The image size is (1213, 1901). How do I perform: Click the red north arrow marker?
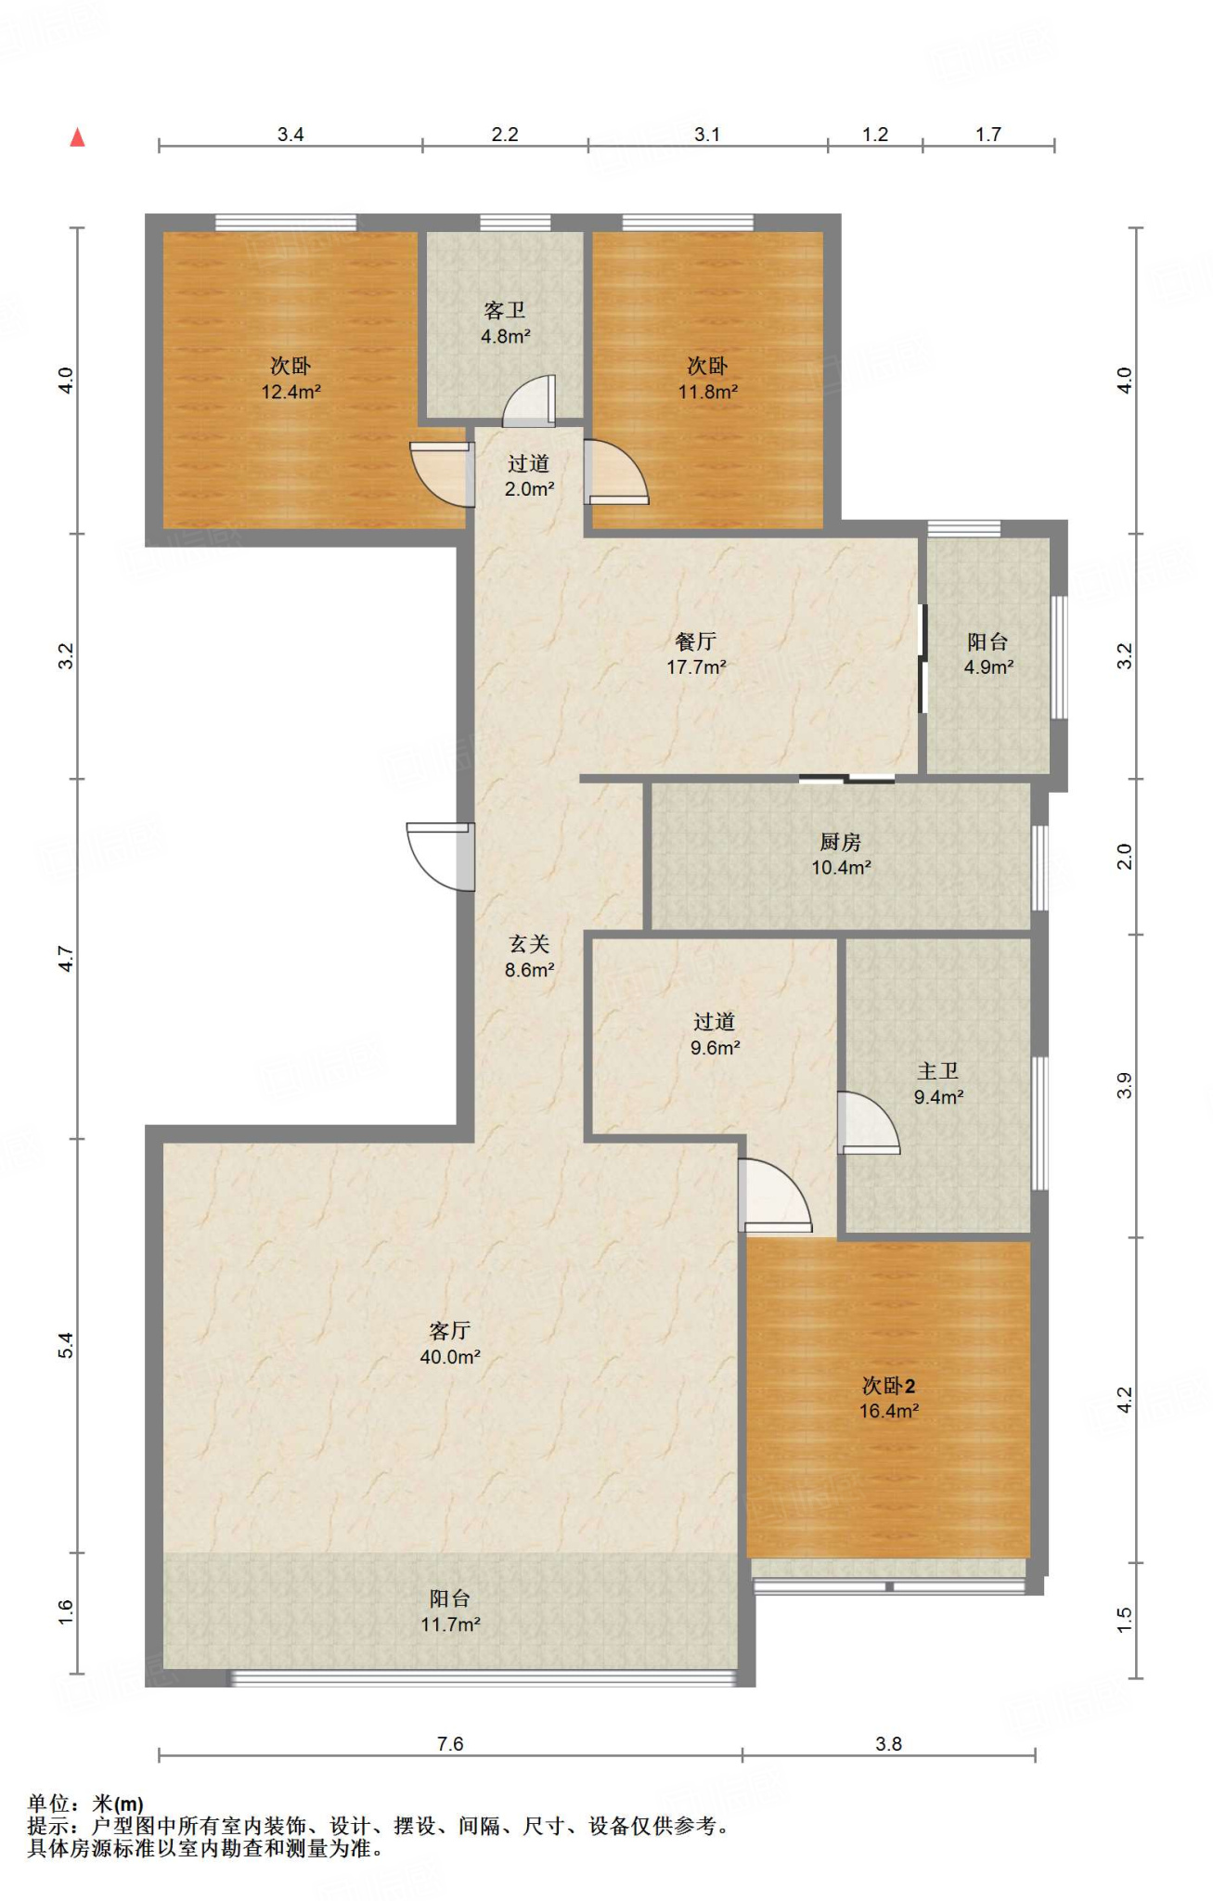pyautogui.click(x=78, y=137)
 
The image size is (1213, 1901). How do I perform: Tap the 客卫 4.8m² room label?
pyautogui.click(x=505, y=323)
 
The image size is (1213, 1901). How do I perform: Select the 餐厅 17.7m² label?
pyautogui.click(x=696, y=653)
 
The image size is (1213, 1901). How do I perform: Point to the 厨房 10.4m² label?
pyautogui.click(x=841, y=854)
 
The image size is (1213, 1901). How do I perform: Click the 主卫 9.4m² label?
pyautogui.click(x=938, y=1083)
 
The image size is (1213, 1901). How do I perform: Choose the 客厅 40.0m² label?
pyautogui.click(x=450, y=1343)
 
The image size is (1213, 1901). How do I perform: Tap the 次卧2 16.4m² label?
pyautogui.click(x=889, y=1398)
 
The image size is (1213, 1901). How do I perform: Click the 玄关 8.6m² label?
pyautogui.click(x=529, y=957)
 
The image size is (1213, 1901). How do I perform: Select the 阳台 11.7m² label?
pyautogui.click(x=450, y=1610)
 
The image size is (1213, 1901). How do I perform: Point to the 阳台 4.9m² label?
pyautogui.click(x=988, y=653)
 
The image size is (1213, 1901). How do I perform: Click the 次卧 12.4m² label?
pyautogui.click(x=290, y=379)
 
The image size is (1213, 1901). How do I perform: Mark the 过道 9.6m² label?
pyautogui.click(x=715, y=1034)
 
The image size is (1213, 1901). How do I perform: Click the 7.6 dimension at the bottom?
pyautogui.click(x=450, y=1744)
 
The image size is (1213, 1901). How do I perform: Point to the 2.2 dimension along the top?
pyautogui.click(x=505, y=135)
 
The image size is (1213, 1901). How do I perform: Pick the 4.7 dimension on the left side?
pyautogui.click(x=65, y=959)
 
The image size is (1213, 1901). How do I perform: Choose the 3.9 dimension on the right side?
pyautogui.click(x=1124, y=1085)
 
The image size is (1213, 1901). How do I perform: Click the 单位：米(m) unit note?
pyautogui.click(x=85, y=1804)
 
